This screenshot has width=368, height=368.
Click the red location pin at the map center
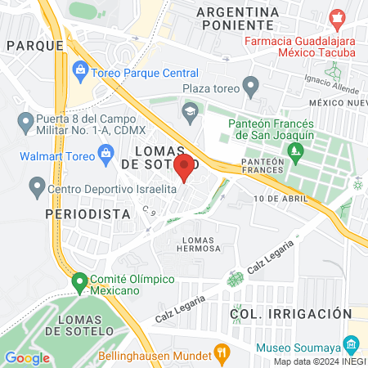(185, 167)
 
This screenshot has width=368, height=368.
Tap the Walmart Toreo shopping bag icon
(105, 152)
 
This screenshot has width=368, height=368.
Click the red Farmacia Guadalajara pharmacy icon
(335, 17)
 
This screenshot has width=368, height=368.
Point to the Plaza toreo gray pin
(251, 85)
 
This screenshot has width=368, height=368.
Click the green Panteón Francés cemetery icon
(294, 150)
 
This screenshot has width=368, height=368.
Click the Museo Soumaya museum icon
(351, 343)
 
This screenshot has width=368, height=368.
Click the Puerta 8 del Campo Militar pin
(24, 124)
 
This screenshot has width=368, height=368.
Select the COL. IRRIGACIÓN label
(290, 313)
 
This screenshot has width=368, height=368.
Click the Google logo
(27, 357)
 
